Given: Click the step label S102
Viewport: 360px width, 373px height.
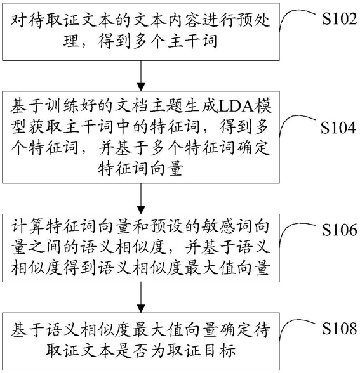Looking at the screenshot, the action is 340,18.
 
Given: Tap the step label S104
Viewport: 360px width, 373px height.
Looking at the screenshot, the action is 338,128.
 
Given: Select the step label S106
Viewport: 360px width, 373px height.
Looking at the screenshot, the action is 340,230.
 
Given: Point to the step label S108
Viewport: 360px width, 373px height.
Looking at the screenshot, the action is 340,329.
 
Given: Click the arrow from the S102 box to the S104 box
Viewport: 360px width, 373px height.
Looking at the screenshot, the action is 141,75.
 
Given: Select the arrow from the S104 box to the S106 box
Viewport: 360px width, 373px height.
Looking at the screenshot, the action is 141,199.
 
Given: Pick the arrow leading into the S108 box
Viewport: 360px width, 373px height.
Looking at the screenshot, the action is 141,298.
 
